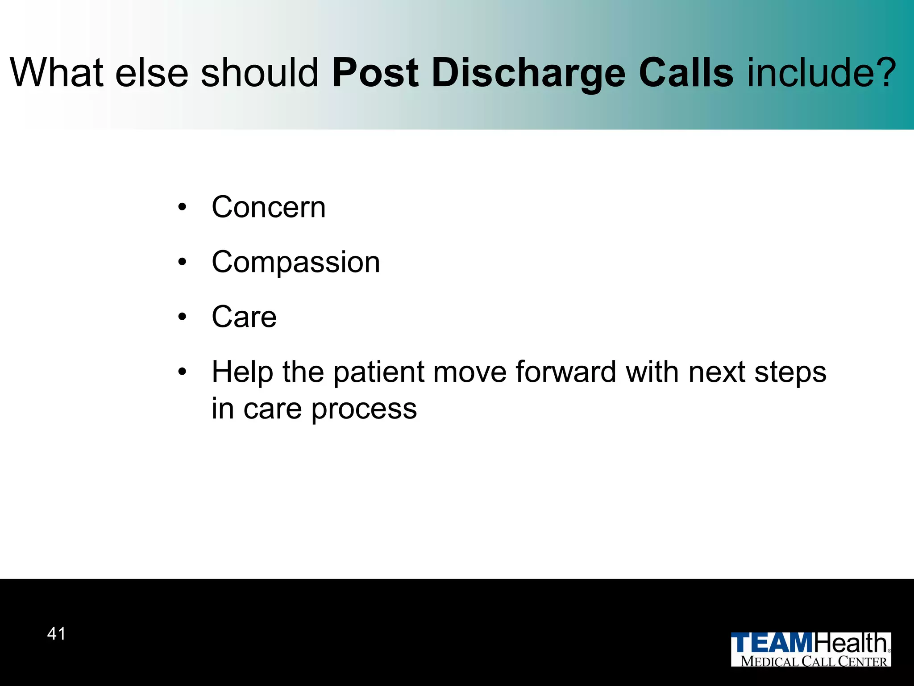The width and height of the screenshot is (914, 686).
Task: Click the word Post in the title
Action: point(375,73)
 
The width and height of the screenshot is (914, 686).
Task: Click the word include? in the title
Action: point(822,73)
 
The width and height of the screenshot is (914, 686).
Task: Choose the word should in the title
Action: point(259,73)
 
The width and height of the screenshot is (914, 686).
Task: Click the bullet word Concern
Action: point(269,207)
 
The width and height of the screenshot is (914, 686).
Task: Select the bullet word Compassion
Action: point(296,262)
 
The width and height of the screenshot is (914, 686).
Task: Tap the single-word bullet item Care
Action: point(244,317)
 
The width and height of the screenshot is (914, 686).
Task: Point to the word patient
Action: point(379,372)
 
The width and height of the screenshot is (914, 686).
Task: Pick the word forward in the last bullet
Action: point(566,372)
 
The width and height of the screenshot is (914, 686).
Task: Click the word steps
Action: point(790,372)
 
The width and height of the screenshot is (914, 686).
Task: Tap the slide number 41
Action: point(56,634)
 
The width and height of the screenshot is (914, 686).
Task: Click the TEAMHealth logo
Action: point(810,649)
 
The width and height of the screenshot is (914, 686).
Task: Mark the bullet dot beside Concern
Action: point(182,207)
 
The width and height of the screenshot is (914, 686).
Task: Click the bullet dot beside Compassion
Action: point(182,262)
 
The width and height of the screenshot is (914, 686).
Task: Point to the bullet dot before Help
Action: point(182,372)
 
